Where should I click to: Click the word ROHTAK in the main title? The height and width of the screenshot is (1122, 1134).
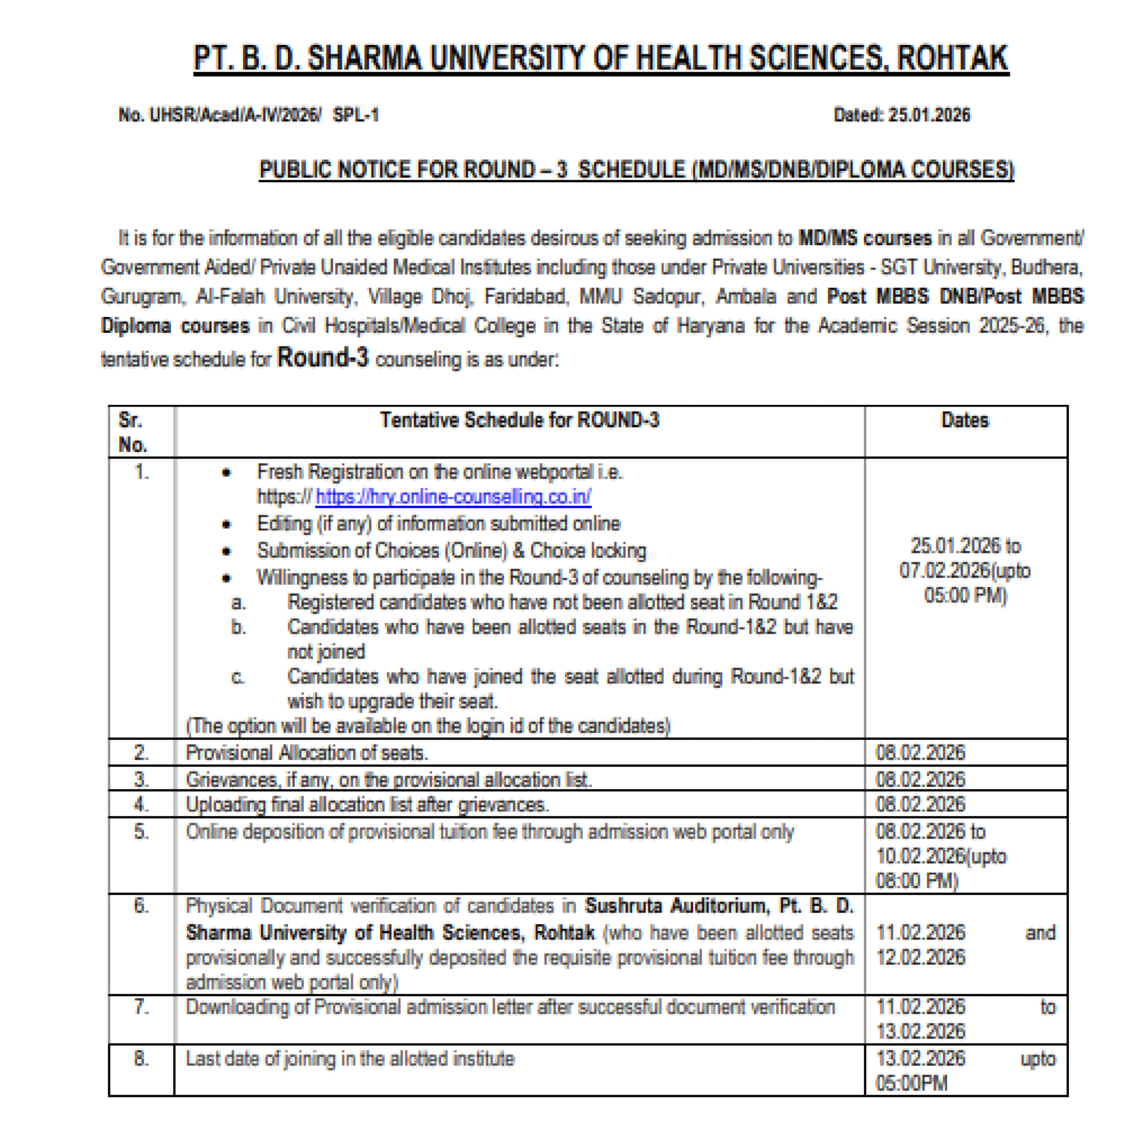point(952,59)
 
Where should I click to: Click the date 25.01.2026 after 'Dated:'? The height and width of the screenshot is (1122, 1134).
point(928,115)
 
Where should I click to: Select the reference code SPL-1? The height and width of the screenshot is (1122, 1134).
point(356,115)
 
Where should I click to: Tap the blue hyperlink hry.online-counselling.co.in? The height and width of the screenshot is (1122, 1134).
point(453,497)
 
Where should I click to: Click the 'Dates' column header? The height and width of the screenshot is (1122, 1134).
point(965,420)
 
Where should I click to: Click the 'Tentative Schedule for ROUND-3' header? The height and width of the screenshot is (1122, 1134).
point(519,420)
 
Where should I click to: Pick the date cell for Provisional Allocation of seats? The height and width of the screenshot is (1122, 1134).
point(920,752)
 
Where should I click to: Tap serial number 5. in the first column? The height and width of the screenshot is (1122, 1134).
point(141,832)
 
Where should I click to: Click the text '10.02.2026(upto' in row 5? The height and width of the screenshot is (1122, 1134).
point(941,856)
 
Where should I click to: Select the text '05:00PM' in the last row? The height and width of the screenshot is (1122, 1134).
point(912,1083)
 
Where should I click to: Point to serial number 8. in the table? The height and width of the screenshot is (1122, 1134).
point(141,1058)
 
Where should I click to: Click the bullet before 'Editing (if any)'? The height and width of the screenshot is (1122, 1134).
point(227,524)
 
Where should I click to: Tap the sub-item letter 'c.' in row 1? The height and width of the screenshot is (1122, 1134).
point(238,677)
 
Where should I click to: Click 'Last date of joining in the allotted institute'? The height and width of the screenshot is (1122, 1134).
point(350,1058)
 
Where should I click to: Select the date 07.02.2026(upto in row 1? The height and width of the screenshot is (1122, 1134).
point(965,570)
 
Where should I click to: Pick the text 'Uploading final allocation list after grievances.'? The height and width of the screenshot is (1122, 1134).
point(368,804)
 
